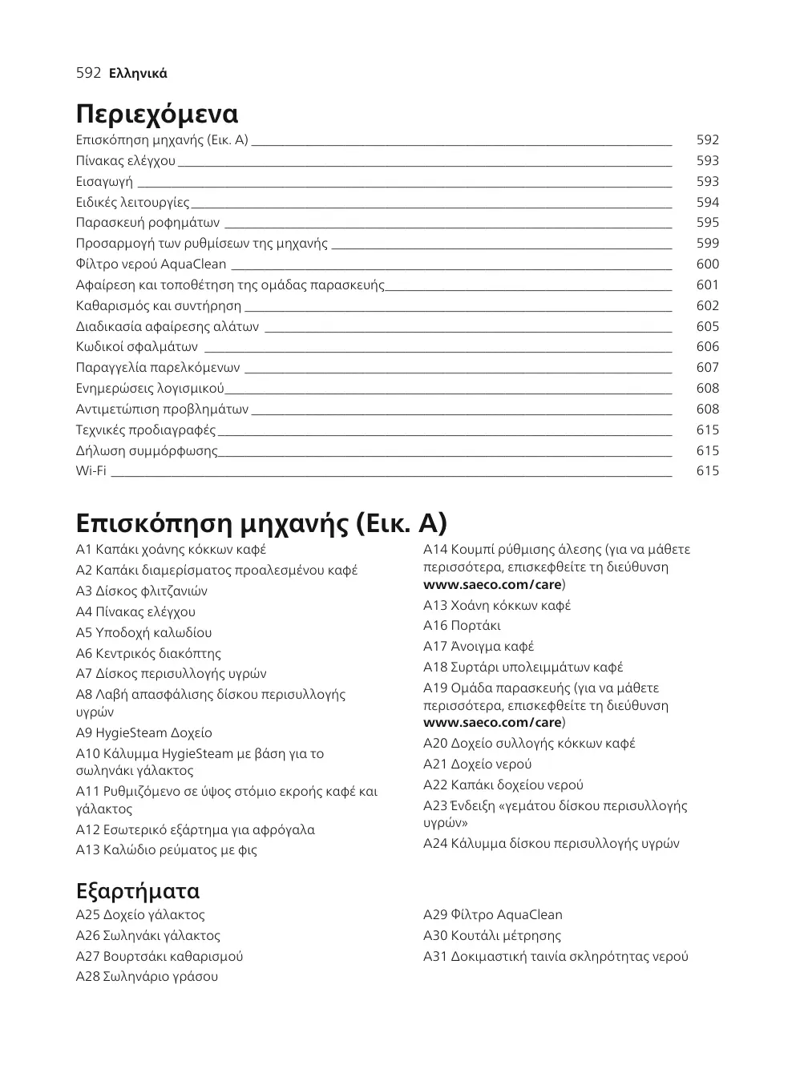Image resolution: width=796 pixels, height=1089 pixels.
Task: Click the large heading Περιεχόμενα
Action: [157, 114]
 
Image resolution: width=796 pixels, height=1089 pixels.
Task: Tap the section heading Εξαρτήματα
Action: [137, 890]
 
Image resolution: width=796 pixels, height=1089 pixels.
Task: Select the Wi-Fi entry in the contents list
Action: [91, 470]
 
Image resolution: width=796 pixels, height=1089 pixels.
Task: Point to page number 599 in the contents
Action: [707, 243]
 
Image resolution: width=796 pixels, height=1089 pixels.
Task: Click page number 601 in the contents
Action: [707, 284]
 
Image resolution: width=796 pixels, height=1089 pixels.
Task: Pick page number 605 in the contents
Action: [707, 326]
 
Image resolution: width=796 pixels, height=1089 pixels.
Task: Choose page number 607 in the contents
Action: [707, 367]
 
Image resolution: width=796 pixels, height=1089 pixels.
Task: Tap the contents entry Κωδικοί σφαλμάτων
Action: [136, 346]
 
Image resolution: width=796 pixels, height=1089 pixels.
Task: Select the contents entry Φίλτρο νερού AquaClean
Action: [151, 264]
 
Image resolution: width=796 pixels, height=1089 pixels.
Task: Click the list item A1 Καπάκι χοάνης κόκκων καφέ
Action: [171, 549]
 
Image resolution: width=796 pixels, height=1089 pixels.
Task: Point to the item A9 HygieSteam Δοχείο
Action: [143, 732]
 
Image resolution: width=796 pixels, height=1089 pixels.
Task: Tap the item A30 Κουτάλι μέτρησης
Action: [491, 935]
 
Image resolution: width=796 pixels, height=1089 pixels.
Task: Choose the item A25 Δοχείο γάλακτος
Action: [140, 914]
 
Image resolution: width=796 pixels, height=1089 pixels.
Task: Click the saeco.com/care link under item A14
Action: [492, 584]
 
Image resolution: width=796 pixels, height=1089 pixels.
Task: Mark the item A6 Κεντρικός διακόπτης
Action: [148, 653]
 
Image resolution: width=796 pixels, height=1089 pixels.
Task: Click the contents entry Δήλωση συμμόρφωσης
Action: [146, 450]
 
